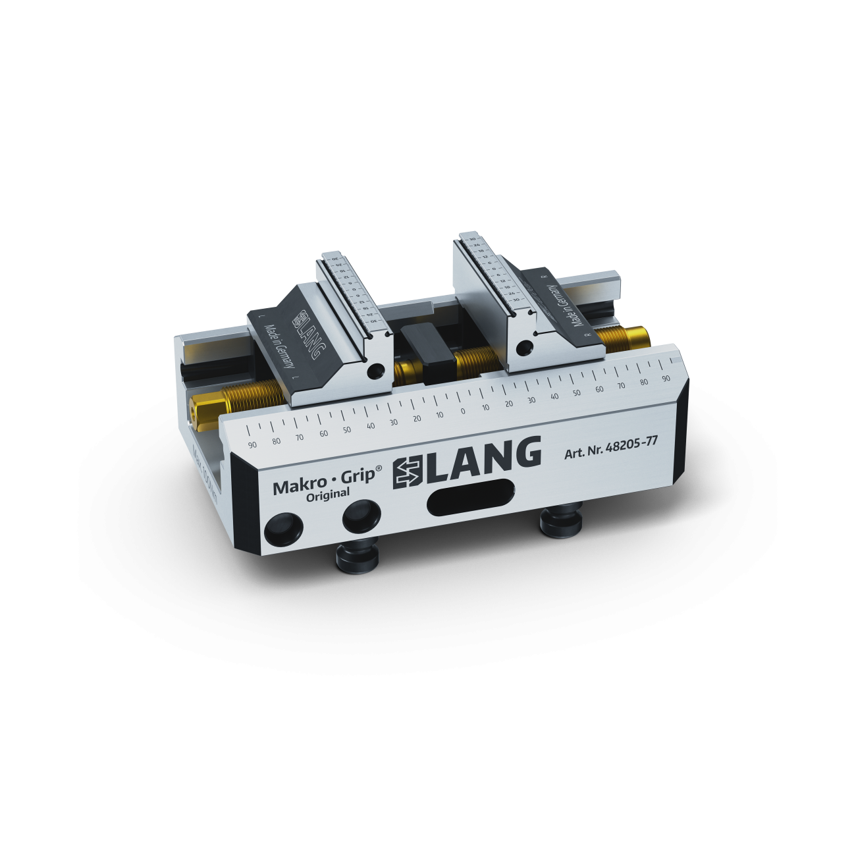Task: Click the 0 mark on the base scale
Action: (x=463, y=411)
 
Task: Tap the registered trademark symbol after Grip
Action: (x=379, y=468)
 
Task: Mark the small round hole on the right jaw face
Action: (x=525, y=347)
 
